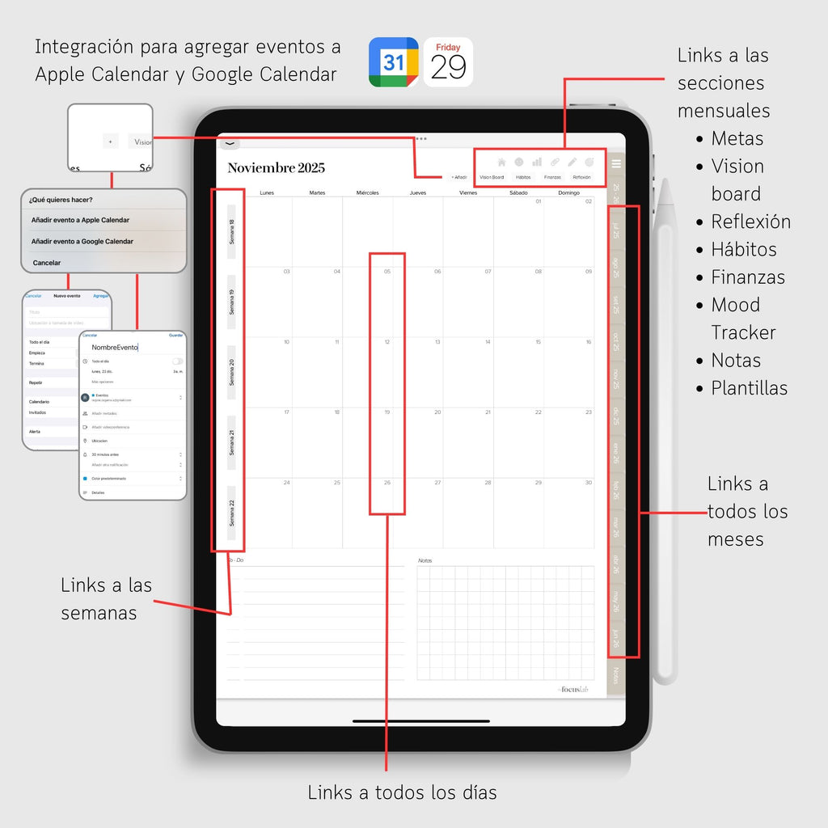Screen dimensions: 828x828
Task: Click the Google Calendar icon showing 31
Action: tap(393, 62)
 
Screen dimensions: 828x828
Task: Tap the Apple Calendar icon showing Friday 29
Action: tap(448, 62)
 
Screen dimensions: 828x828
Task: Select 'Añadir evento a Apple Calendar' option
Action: tap(80, 220)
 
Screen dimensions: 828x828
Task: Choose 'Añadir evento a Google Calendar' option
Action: tap(82, 241)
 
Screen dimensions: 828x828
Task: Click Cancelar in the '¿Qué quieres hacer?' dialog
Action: tap(46, 263)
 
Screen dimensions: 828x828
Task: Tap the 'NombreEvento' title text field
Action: tap(115, 347)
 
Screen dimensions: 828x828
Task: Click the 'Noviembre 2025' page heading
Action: tap(276, 168)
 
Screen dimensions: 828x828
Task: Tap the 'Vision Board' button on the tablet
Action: tap(492, 177)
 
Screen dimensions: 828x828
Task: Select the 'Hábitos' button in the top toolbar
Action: tap(523, 177)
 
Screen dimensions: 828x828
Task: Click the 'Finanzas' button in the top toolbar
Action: tap(552, 177)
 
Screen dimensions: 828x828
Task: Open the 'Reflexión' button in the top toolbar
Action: tap(581, 177)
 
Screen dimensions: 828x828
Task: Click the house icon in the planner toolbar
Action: tap(501, 162)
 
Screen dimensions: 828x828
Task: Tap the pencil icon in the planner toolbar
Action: tap(572, 162)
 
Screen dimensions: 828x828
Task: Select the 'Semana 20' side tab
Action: tap(231, 372)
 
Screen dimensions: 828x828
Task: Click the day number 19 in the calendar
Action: tap(387, 412)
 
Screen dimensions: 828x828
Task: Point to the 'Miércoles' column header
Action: tap(367, 193)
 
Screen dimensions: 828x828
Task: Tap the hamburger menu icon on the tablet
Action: tap(616, 164)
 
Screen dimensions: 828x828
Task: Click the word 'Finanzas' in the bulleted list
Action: tap(748, 277)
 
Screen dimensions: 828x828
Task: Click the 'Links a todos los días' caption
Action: tap(402, 792)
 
